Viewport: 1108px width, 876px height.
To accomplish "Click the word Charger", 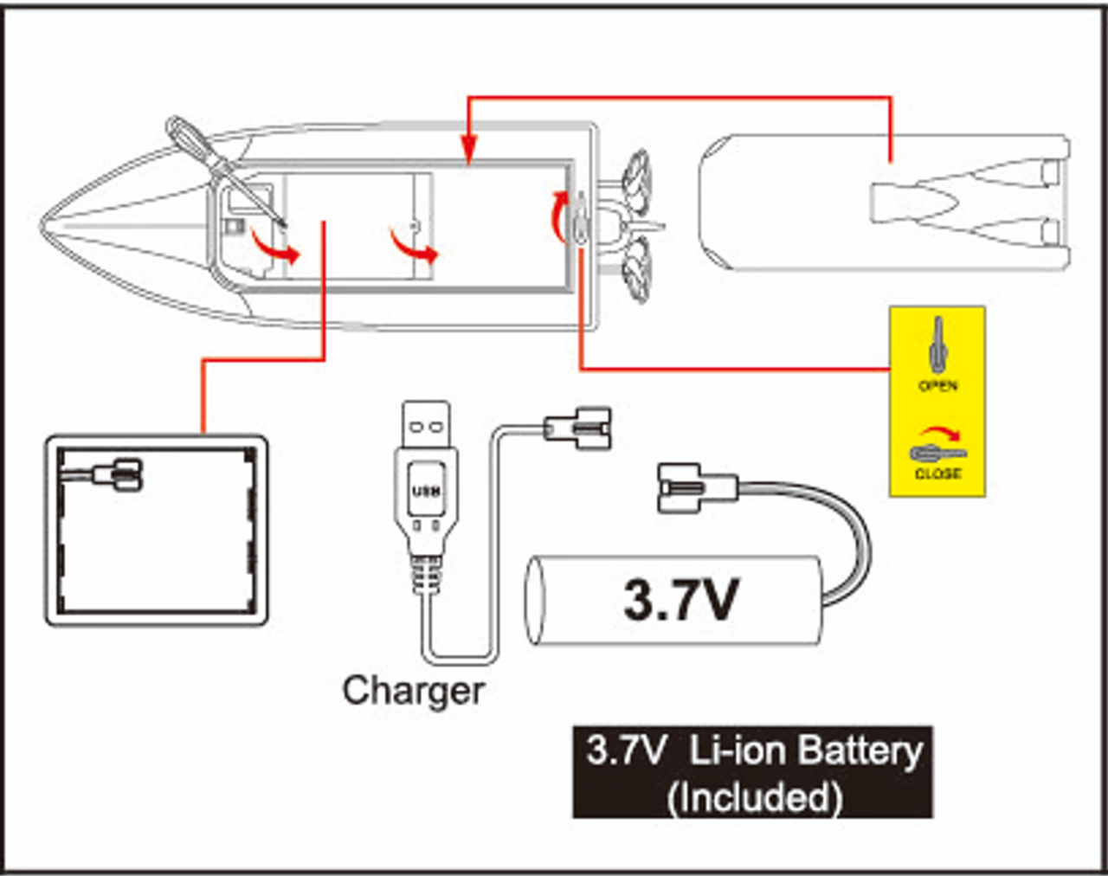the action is [x=414, y=692].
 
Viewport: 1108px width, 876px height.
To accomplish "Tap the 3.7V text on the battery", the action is [x=680, y=600].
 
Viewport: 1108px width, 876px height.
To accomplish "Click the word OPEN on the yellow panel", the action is [x=938, y=386].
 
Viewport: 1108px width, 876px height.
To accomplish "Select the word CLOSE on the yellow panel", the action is [x=937, y=473].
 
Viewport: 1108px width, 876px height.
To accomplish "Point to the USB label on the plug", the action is [x=426, y=491].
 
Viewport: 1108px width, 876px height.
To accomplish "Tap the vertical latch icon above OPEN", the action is [x=938, y=345].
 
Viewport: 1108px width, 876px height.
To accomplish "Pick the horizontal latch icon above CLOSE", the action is [x=938, y=453].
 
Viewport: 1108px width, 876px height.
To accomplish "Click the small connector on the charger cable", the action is [x=577, y=428].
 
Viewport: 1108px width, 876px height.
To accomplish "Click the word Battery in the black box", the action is [x=860, y=750].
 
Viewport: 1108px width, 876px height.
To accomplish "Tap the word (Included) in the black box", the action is [x=755, y=797].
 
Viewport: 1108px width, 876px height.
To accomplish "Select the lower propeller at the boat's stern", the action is [x=637, y=269].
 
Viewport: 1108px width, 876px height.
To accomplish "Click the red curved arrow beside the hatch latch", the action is [x=558, y=216].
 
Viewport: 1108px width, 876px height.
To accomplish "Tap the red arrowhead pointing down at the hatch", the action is [x=468, y=150].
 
